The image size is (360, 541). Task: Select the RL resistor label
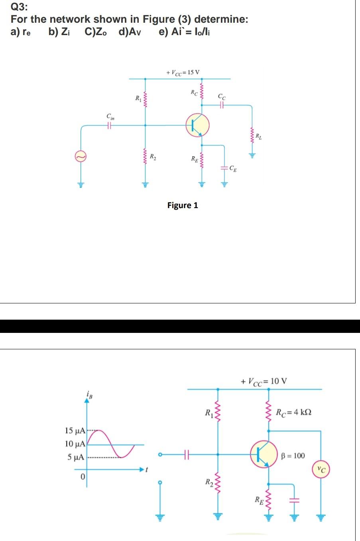click(259, 138)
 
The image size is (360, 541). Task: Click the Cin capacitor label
click(110, 117)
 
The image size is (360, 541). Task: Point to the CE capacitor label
click(233, 169)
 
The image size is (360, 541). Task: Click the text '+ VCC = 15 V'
click(183, 73)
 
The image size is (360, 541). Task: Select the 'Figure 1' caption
click(183, 205)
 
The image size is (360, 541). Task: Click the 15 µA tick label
click(75, 431)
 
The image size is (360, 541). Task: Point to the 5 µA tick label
click(75, 457)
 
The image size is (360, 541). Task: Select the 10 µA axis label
click(75, 444)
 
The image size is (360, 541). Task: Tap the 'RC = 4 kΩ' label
click(294, 411)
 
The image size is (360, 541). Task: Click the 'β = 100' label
click(293, 456)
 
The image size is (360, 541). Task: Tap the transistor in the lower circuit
click(264, 453)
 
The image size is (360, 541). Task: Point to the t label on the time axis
click(147, 470)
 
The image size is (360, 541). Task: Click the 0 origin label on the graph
click(83, 476)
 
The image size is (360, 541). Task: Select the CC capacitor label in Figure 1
click(222, 96)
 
